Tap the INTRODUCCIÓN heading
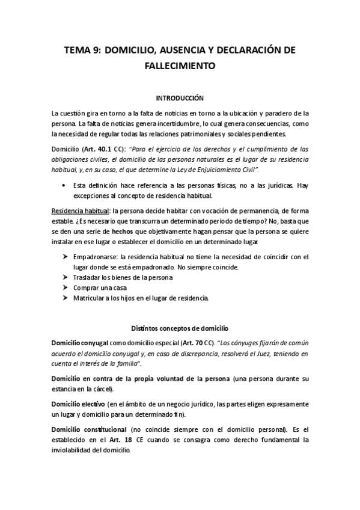[x=180, y=97]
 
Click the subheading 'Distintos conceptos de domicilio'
[x=180, y=328]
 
